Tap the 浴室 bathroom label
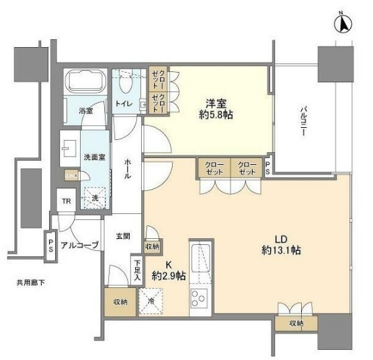click(86, 110)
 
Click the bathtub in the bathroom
click(86, 84)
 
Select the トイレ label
click(124, 104)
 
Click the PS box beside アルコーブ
click(50, 243)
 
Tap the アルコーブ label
click(80, 245)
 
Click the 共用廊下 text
click(32, 283)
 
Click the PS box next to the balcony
click(268, 166)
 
